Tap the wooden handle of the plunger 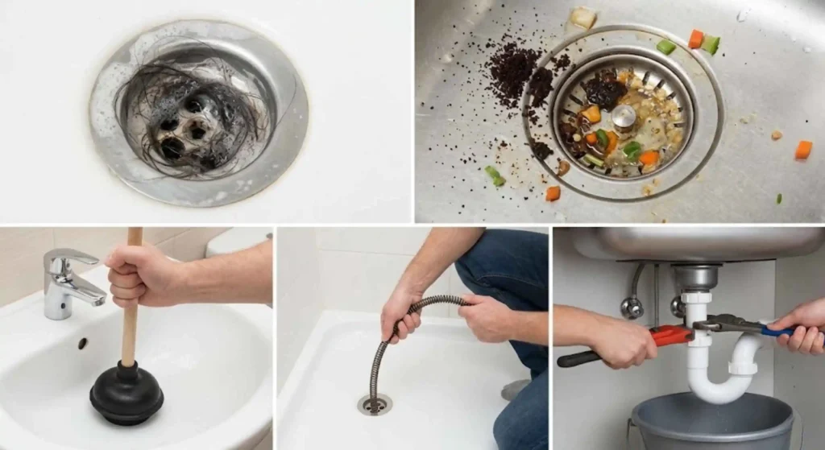pos(130,322)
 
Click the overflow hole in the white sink pos(82,343)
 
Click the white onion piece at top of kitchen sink pos(583,17)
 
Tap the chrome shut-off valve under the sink pos(632,307)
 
